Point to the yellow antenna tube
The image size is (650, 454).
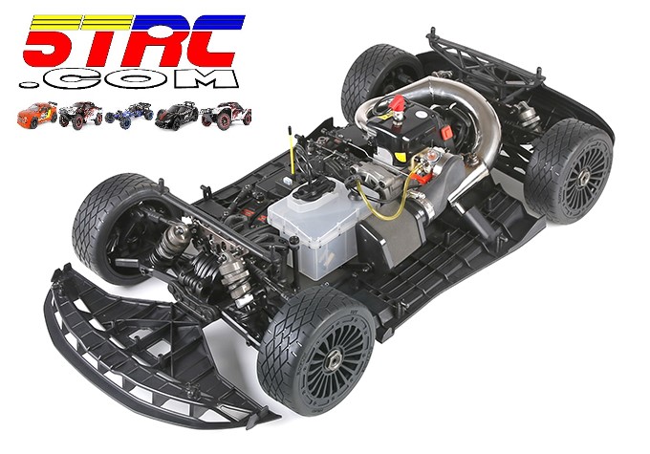(x=291, y=151)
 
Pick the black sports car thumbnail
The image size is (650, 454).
(x=177, y=115)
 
